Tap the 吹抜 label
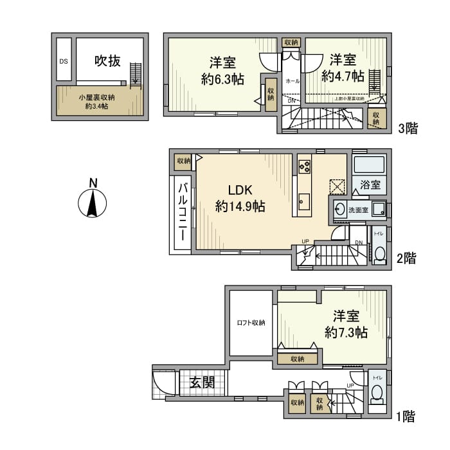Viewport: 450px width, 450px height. coord(107,61)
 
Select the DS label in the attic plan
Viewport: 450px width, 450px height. coord(63,62)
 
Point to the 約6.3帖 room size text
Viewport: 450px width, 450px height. coord(222,80)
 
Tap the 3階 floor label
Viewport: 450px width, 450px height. coord(408,128)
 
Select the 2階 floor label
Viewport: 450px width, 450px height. coord(406,258)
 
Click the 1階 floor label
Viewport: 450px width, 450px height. coord(404,417)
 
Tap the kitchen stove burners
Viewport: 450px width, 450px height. coord(305,166)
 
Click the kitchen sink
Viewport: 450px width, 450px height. coord(304,204)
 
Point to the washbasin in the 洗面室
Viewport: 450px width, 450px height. coord(339,209)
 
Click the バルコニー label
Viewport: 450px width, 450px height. coord(182,212)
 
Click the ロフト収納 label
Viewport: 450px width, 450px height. coord(251,323)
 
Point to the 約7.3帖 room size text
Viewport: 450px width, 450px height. coord(346,332)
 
